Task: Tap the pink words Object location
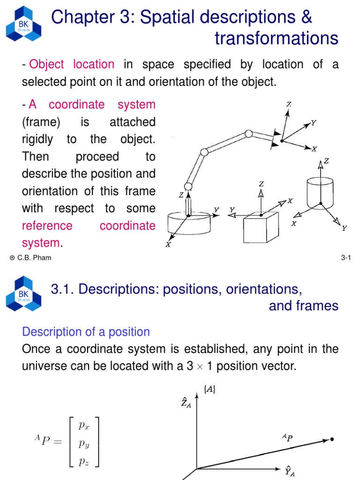[72, 64]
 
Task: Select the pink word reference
[47, 225]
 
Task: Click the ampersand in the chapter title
[306, 17]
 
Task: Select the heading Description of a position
[86, 332]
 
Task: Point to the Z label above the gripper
[289, 104]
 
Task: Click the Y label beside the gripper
[313, 123]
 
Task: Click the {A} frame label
[210, 388]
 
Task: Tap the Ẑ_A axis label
[186, 402]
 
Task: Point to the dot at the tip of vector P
[332, 439]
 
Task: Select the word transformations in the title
[277, 38]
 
